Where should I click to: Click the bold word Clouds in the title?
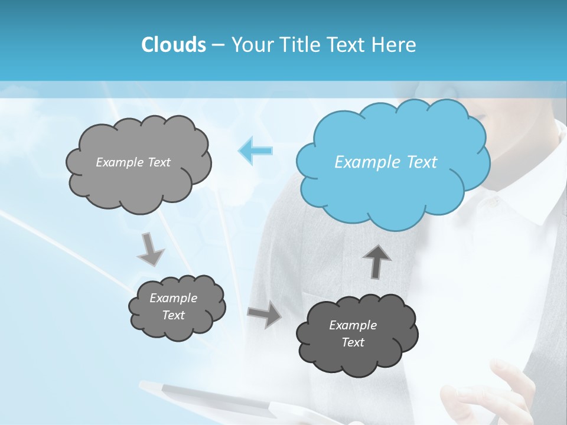pos(173,45)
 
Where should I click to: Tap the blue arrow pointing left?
pos(255,151)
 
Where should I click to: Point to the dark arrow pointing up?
pos(376,260)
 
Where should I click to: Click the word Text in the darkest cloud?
pos(353,342)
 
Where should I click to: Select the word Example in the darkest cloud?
pos(353,325)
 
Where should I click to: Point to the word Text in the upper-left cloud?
pos(159,162)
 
